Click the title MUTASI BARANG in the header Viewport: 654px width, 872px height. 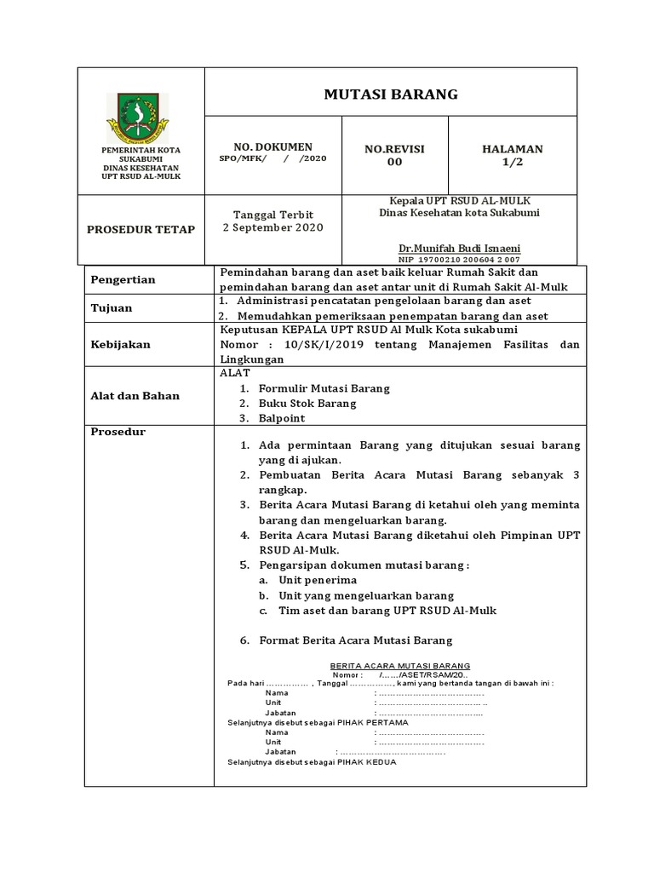tap(391, 95)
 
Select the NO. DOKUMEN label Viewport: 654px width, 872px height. tap(273, 146)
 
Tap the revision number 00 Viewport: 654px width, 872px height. tap(394, 162)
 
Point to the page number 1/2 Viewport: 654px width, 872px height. tap(512, 162)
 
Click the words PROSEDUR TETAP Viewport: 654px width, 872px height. tap(141, 230)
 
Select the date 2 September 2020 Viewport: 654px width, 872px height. tap(273, 228)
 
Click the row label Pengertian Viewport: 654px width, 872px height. tap(118, 279)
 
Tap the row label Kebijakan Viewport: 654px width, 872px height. tap(120, 344)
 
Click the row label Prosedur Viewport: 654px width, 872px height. tap(118, 432)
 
